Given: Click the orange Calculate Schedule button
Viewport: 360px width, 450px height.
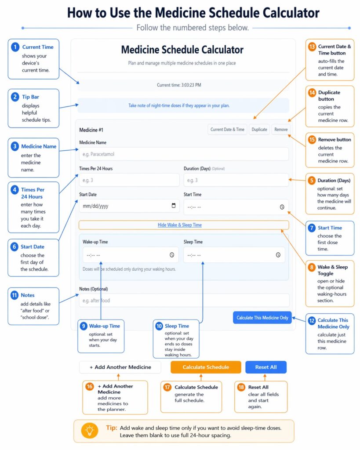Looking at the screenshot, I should pos(206,367).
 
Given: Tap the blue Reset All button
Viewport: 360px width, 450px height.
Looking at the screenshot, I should pos(265,367).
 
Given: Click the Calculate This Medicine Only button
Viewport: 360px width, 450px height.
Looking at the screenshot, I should pos(262,317).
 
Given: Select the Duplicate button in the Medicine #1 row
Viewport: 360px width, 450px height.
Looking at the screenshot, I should pos(259,130).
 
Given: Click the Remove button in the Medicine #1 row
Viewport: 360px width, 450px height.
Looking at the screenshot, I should pos(280,130).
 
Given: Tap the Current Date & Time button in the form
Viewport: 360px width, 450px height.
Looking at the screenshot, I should pos(227,130).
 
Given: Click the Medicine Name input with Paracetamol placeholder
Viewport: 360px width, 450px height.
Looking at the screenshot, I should pos(184,154).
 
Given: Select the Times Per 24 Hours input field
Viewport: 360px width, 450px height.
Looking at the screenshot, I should pos(129,180).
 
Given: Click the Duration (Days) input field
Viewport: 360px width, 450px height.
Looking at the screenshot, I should pos(236,180).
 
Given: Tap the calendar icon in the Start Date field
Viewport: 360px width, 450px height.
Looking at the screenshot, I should pos(173,206).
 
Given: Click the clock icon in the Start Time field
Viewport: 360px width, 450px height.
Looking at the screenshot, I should pos(282,207).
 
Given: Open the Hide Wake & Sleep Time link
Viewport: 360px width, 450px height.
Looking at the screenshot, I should pos(179,225).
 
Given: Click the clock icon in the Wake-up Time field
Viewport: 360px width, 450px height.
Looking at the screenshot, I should pos(171,255).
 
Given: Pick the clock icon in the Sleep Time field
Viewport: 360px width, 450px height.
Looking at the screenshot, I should pos(278,255).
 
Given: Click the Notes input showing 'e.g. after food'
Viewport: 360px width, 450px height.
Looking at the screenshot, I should pos(184,301).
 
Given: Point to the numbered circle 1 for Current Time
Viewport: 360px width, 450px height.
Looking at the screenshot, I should pos(15,47).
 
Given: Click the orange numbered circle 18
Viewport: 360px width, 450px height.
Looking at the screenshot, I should pos(241,387).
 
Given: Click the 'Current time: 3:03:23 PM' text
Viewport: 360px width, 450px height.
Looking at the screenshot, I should pos(179,85).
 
